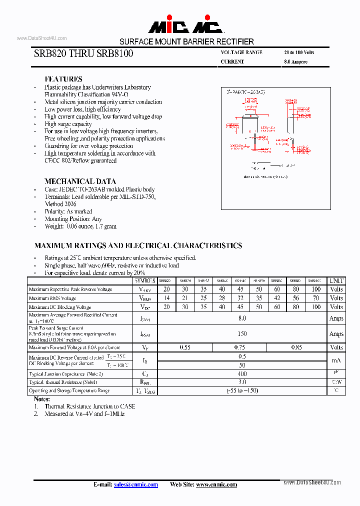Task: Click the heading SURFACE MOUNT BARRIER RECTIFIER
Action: point(186,41)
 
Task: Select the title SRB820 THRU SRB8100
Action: point(83,53)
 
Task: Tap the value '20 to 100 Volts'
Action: point(299,52)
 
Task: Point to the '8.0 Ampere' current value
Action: point(295,62)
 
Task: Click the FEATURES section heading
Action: point(63,79)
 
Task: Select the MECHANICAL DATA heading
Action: point(80,181)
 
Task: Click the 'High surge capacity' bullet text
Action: point(68,124)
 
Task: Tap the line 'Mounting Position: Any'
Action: point(73,219)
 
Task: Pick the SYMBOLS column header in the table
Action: point(145,281)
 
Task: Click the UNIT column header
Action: point(336,281)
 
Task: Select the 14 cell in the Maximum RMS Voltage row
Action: point(166,298)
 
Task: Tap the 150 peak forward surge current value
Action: point(242,333)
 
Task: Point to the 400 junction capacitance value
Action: point(242,374)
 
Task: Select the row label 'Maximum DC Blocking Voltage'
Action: point(60,307)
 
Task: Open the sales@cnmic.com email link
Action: point(135,484)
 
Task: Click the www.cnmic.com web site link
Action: point(216,484)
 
